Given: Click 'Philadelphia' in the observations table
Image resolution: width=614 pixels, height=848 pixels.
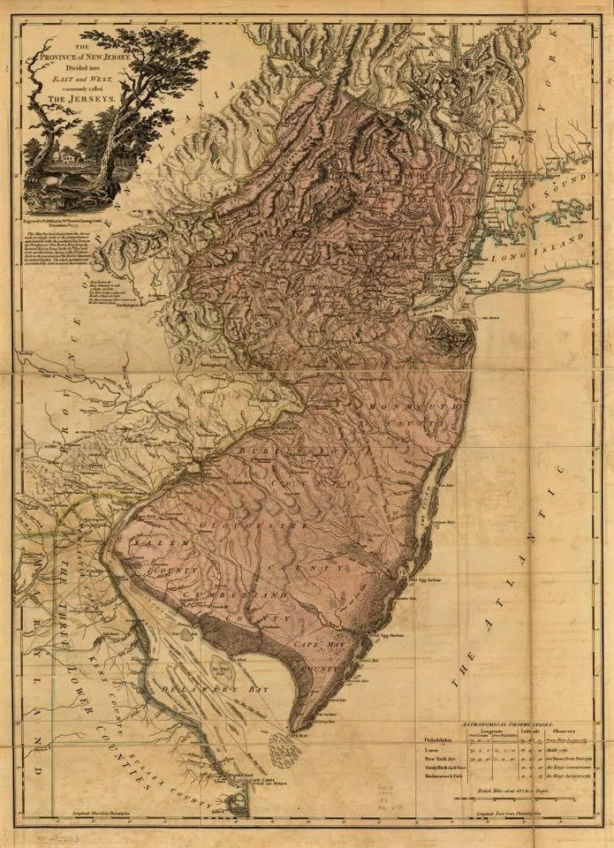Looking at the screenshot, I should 442,740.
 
